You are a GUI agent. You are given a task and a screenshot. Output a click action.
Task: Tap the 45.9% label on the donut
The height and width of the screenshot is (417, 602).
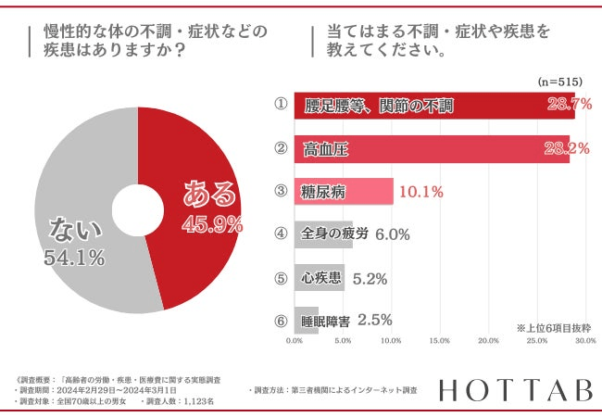coord(212,223)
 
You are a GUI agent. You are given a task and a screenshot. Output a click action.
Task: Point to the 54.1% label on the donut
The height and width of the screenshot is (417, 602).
coord(73,259)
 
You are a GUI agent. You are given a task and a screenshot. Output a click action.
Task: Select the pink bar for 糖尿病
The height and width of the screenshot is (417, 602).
coord(344,192)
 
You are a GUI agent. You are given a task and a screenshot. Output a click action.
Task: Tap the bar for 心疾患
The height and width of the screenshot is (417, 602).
coord(320,277)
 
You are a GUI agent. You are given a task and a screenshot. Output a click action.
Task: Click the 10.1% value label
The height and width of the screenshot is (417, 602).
coord(420,193)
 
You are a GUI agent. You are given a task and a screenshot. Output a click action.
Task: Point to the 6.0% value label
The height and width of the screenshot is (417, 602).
coord(393,234)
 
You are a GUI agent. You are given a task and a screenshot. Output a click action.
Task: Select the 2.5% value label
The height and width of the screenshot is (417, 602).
coord(375,320)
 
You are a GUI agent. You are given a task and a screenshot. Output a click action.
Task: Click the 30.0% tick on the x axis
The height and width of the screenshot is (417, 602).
coord(583,341)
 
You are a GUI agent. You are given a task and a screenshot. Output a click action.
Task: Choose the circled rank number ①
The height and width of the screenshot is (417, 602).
coord(279,105)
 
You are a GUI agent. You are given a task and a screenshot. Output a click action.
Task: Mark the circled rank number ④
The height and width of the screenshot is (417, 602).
coord(279,234)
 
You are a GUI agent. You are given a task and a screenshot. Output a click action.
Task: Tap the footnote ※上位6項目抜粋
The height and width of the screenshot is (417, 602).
coord(553,328)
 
